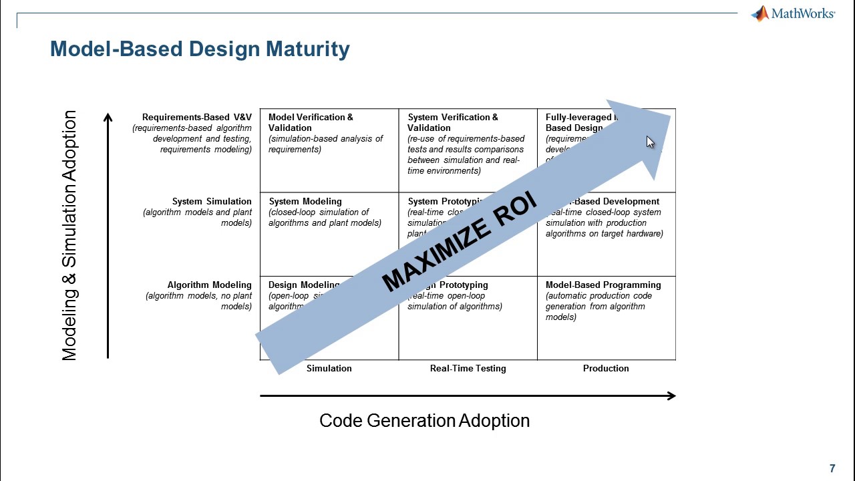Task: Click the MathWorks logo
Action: (793, 13)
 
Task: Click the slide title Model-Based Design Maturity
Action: (200, 49)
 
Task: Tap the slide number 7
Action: (832, 468)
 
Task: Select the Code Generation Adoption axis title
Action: (424, 420)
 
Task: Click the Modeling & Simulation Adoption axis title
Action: (69, 236)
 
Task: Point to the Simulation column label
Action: (329, 368)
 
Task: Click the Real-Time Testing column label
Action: (468, 368)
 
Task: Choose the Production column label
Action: (605, 368)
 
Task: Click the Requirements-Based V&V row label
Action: (196, 117)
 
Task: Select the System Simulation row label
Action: (212, 201)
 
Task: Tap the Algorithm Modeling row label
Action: (209, 285)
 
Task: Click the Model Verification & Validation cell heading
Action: (311, 122)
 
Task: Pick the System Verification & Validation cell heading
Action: (452, 122)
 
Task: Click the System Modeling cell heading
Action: (305, 201)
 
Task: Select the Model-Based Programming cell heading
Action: (603, 285)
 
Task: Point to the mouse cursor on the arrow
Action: (650, 142)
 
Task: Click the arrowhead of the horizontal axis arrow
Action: (671, 395)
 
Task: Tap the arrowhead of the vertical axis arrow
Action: (108, 118)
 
